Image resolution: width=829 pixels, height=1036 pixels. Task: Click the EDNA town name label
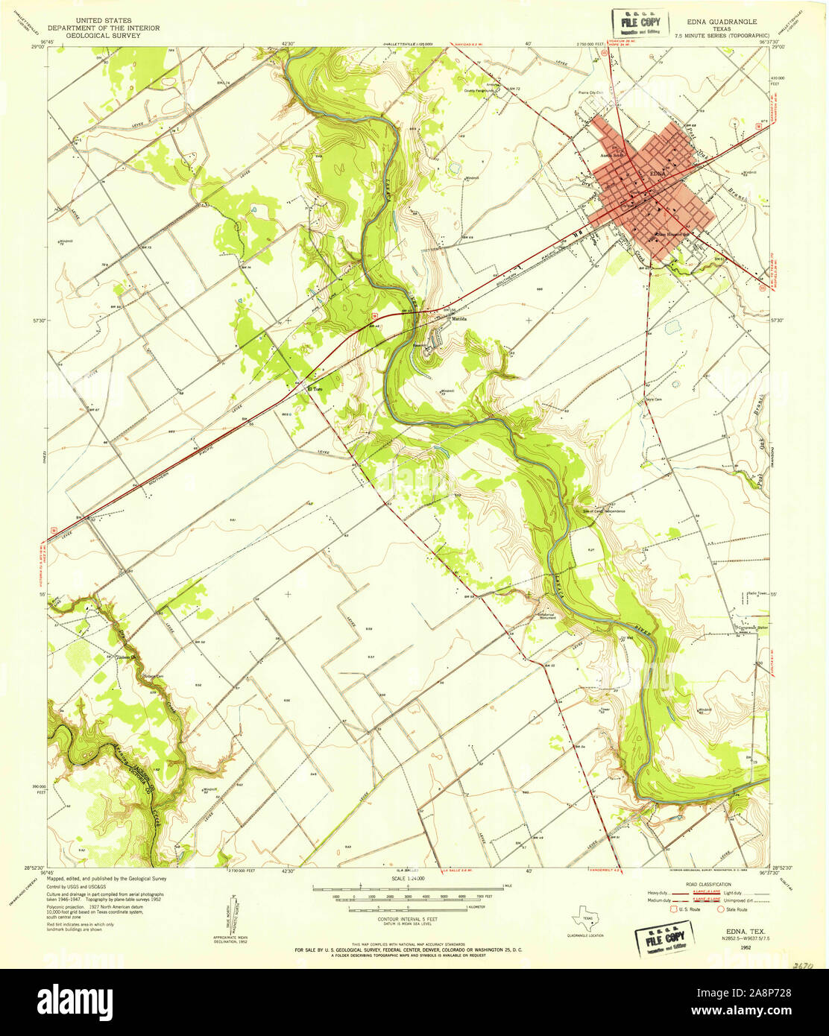(657, 174)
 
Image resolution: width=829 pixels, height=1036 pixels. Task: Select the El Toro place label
(316, 389)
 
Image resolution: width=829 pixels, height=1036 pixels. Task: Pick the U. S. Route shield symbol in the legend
(675, 909)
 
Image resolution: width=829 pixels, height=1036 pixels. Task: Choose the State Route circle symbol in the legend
(721, 909)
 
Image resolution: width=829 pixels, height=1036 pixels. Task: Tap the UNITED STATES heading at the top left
(104, 21)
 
